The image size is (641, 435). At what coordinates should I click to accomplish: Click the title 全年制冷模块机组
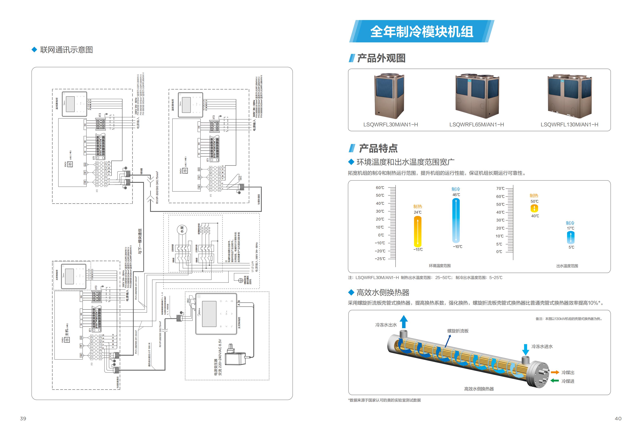pyautogui.click(x=421, y=32)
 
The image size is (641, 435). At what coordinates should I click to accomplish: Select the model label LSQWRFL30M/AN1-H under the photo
pyautogui.click(x=390, y=124)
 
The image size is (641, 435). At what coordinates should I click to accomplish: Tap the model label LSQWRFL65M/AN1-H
pyautogui.click(x=476, y=124)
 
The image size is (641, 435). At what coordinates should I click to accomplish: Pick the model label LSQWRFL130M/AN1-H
pyautogui.click(x=569, y=124)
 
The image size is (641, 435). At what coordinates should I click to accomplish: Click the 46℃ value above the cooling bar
pyautogui.click(x=456, y=195)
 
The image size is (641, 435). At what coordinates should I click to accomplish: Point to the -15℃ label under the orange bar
pyautogui.click(x=418, y=249)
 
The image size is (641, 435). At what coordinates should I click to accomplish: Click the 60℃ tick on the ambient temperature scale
pyautogui.click(x=380, y=188)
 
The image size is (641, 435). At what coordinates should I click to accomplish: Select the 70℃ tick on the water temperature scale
pyautogui.click(x=500, y=188)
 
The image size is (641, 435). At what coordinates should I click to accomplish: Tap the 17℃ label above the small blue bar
pyautogui.click(x=570, y=228)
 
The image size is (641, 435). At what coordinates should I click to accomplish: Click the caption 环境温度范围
pyautogui.click(x=440, y=266)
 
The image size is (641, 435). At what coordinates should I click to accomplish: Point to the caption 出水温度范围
pyautogui.click(x=567, y=266)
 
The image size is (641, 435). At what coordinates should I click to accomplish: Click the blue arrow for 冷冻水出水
pyautogui.click(x=404, y=322)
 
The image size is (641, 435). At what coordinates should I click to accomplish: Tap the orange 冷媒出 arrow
pyautogui.click(x=555, y=372)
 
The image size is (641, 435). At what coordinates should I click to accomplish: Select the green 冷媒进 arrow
pyautogui.click(x=555, y=381)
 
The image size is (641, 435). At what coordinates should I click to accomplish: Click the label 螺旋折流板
pyautogui.click(x=458, y=331)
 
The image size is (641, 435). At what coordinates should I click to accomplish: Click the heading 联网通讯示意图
pyautogui.click(x=66, y=50)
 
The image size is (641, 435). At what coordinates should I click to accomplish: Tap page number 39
pyautogui.click(x=23, y=418)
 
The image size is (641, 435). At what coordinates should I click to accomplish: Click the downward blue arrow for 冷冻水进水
pyautogui.click(x=526, y=349)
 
